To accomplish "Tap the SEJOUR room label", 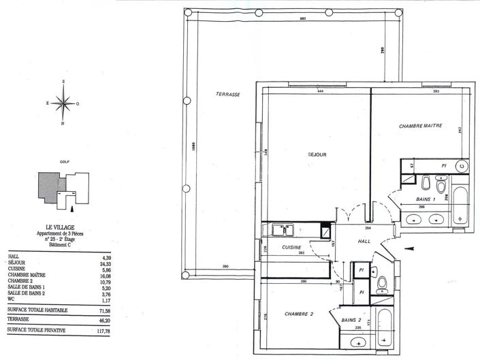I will pyautogui.click(x=317, y=155).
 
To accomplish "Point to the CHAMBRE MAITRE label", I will pyautogui.click(x=421, y=126).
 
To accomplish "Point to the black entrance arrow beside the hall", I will pyautogui.click(x=409, y=248).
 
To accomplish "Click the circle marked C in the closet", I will pyautogui.click(x=461, y=165).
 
